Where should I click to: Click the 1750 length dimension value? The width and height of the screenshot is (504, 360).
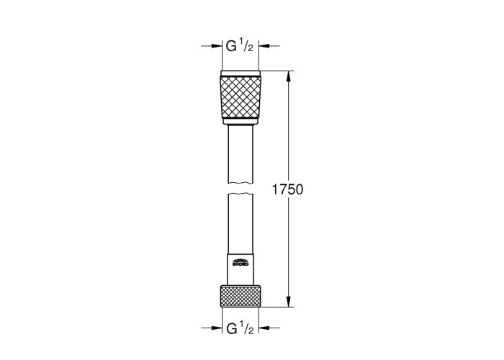pos(288,189)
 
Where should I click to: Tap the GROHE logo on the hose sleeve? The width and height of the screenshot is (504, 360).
pos(240,262)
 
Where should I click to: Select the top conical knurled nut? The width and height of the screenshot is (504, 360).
pos(240,97)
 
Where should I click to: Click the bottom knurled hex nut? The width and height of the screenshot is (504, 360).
pos(240,296)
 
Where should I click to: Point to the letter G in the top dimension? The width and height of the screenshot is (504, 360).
pos(231,46)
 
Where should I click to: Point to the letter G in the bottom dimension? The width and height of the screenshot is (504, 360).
pos(232,328)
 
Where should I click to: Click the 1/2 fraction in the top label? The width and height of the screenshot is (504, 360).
pos(247,46)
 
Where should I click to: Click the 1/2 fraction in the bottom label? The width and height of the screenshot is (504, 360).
pos(247,328)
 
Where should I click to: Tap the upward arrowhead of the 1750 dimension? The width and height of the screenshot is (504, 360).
pos(289,76)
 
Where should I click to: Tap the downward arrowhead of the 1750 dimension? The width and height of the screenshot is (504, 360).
pos(289,302)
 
